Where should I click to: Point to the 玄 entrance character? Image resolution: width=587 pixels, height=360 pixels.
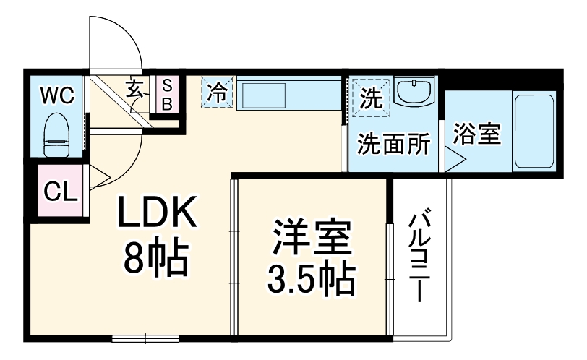[136, 89]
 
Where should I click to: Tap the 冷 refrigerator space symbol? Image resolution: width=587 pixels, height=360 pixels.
[218, 92]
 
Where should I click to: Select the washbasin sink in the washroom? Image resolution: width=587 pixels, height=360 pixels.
[415, 93]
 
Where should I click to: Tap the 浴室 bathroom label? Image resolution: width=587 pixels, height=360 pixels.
[477, 134]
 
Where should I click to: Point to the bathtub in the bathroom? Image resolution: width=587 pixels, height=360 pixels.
[536, 131]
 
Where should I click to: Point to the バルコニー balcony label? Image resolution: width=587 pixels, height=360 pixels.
[420, 257]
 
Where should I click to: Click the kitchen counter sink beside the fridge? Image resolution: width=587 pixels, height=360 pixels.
[263, 95]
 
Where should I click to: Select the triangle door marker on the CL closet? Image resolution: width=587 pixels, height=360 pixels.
[98, 176]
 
